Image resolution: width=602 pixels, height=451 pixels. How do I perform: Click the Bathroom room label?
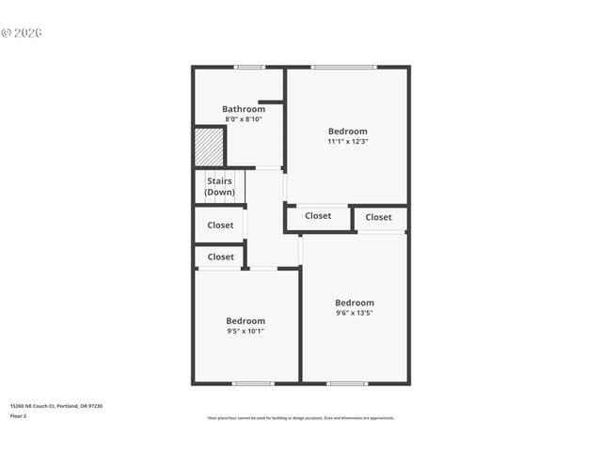(244, 109)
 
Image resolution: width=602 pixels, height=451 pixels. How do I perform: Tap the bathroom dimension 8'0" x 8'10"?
(244, 119)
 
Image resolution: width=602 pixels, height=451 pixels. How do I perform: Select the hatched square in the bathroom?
(209, 148)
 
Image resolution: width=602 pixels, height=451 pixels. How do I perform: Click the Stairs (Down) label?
(219, 186)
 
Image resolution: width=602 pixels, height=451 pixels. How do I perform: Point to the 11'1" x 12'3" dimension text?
(348, 142)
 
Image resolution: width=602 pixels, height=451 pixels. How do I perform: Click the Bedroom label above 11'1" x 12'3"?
(348, 131)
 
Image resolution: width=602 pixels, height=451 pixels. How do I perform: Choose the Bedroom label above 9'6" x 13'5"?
(355, 303)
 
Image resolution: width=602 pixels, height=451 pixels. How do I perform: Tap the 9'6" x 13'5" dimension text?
(355, 313)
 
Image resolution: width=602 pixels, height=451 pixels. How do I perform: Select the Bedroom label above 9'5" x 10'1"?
(246, 320)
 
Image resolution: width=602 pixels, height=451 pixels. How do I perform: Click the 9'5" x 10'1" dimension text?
(246, 331)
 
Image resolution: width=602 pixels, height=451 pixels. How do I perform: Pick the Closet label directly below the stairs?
(220, 225)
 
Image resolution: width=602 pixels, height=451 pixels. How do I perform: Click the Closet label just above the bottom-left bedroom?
(220, 257)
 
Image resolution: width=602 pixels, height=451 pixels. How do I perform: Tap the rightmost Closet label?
(379, 217)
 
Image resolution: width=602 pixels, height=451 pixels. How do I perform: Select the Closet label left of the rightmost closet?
(318, 216)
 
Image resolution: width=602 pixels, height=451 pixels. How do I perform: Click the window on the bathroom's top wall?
(249, 67)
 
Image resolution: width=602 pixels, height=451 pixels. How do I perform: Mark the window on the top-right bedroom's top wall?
(343, 67)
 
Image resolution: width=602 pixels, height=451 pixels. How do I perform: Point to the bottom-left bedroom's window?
(253, 382)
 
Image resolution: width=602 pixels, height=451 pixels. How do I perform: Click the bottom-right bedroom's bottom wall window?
(347, 382)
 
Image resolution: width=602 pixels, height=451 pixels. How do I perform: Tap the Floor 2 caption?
(18, 415)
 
